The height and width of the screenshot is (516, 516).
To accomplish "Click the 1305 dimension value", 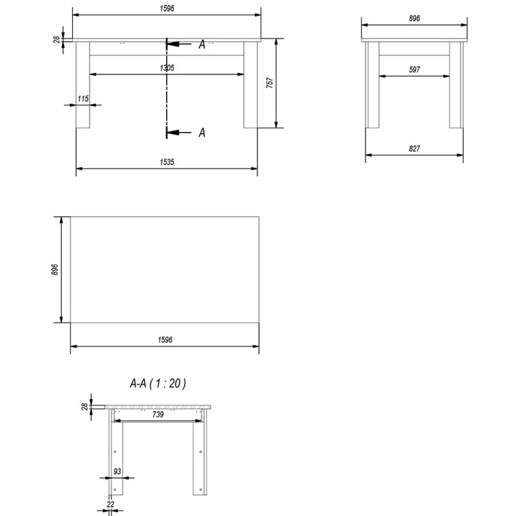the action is pyautogui.click(x=167, y=68).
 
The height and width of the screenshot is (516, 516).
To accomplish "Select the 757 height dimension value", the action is pyautogui.click(x=269, y=83).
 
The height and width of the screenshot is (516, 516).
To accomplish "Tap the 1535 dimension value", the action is pyautogui.click(x=167, y=162).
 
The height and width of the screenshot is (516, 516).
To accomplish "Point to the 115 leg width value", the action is pyautogui.click(x=83, y=99).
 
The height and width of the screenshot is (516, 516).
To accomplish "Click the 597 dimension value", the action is pyautogui.click(x=414, y=70).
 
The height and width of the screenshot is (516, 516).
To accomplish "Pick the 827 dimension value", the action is pyautogui.click(x=414, y=149).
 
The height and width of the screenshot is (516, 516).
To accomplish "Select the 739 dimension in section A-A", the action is pyautogui.click(x=158, y=414).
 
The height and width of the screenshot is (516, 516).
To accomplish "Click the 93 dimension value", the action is pyautogui.click(x=117, y=471).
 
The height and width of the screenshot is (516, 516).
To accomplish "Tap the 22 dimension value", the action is pyautogui.click(x=110, y=504).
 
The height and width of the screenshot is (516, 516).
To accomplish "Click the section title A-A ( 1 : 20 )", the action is pyautogui.click(x=158, y=383).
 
